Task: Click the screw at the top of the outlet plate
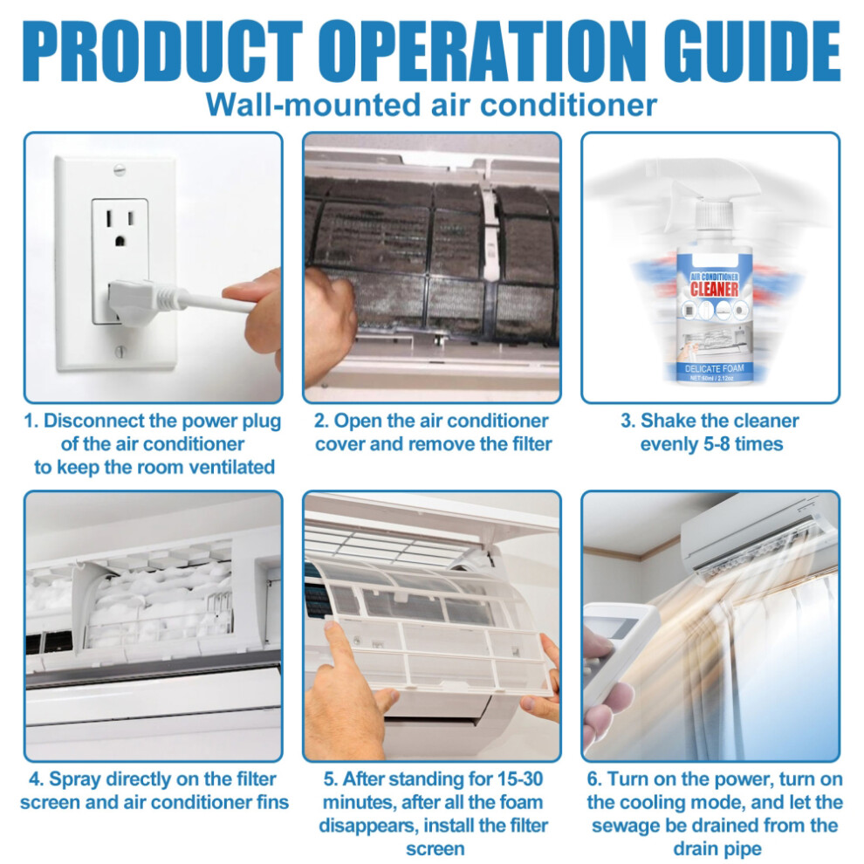(x=120, y=169)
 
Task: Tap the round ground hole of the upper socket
(x=119, y=240)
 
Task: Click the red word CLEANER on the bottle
(x=714, y=289)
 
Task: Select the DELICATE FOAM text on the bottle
(x=714, y=368)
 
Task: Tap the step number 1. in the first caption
(x=31, y=421)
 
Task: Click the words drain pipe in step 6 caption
(x=717, y=848)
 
